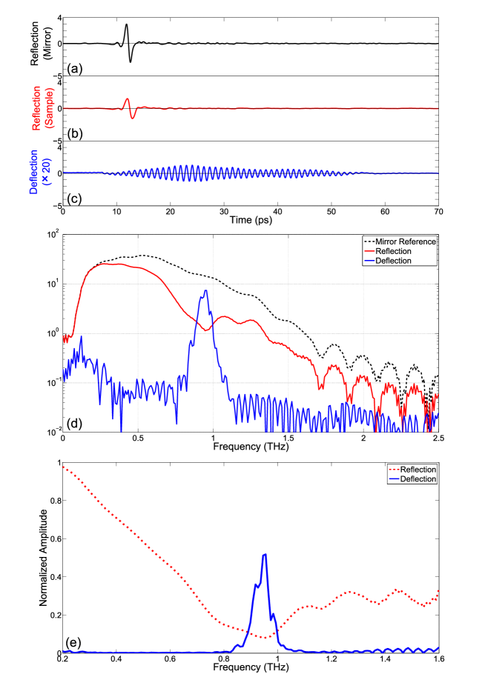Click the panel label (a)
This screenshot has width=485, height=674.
click(73, 70)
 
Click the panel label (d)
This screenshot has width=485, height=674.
click(74, 424)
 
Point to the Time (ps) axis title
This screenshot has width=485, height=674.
click(251, 221)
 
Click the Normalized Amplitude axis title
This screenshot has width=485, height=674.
click(47, 558)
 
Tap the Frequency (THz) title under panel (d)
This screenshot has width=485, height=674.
click(251, 447)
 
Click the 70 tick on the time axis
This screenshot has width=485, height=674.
click(438, 212)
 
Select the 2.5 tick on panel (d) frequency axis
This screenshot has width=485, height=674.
click(438, 438)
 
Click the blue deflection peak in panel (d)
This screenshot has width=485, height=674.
click(206, 291)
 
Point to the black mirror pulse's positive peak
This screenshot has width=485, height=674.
click(126, 24)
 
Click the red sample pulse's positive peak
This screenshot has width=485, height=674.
click(127, 99)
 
